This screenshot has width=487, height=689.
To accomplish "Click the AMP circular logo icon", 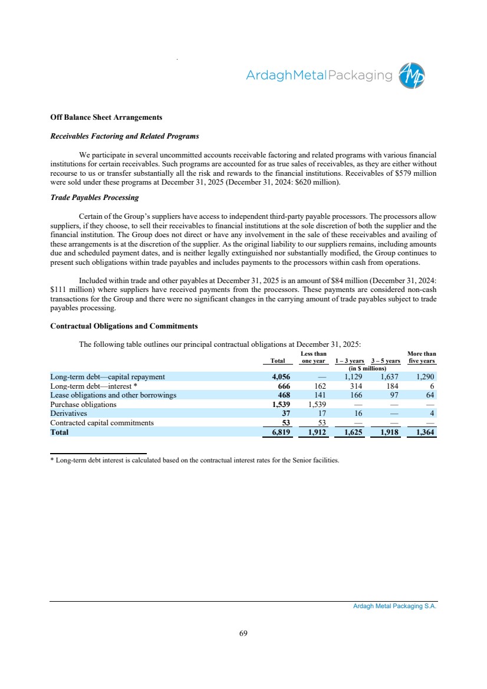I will (x=412, y=76).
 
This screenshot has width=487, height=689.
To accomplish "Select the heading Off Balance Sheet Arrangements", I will (x=106, y=117).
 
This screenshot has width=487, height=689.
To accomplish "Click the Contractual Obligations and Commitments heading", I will (x=124, y=326).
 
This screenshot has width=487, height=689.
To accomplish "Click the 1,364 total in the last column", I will (x=424, y=432).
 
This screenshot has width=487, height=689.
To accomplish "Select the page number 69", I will (x=244, y=634).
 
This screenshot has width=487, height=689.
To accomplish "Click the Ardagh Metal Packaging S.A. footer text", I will (x=394, y=606).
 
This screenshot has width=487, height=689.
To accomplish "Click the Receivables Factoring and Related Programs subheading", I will (x=124, y=136).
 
